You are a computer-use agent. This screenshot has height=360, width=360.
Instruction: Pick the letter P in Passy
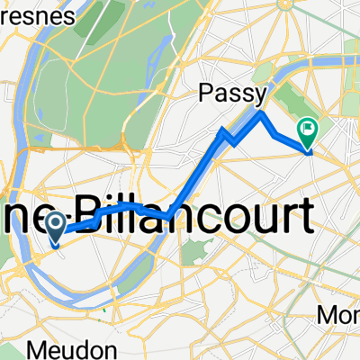[204, 94]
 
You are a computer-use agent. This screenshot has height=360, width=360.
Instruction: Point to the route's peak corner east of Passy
[261, 113]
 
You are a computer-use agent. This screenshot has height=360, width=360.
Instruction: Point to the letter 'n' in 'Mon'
[355, 316]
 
